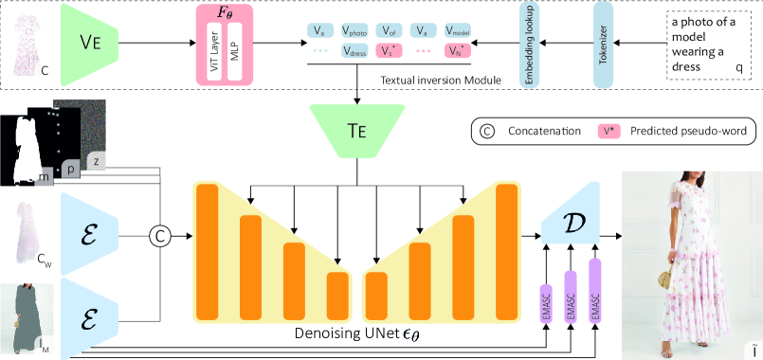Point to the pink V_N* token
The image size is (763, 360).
click(457, 50)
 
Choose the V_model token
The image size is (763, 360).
click(457, 31)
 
